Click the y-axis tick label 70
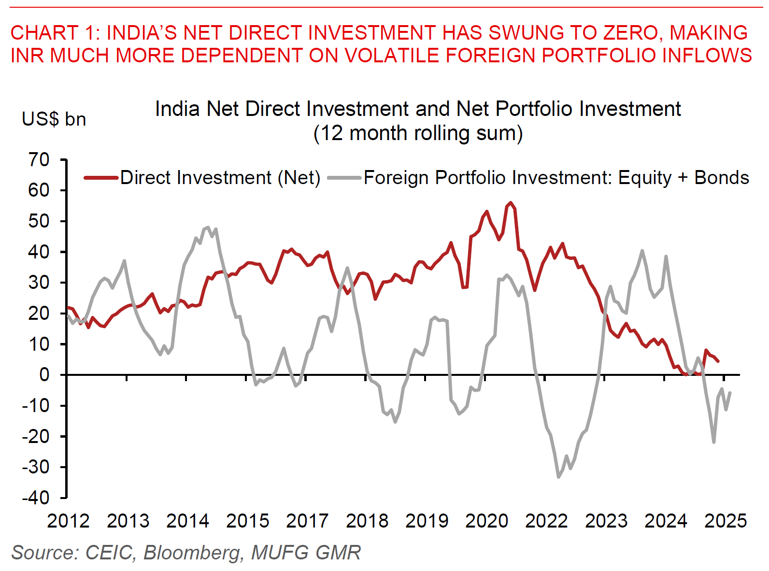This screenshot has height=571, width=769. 39,160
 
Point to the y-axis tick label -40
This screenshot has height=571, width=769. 35,498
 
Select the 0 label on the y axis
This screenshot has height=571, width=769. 44,375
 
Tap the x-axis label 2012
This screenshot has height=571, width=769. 68,521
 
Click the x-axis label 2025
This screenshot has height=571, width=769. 725,521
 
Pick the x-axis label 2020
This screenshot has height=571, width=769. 486,521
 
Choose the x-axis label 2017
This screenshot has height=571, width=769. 307,521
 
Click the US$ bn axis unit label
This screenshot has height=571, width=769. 54,119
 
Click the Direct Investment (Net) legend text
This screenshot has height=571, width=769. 220,178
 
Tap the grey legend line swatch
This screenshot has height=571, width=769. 344,178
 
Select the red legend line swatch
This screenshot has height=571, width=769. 101,178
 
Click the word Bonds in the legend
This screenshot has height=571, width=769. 722,178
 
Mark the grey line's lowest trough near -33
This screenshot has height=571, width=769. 558,477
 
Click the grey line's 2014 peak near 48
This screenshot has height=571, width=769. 208,227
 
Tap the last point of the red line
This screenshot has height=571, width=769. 718,361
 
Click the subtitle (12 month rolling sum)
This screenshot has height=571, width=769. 418,133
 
